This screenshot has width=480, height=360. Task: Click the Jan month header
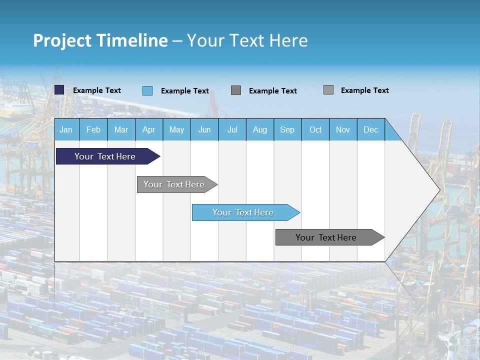pos(66,129)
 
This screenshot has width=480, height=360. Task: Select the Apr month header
pos(149,129)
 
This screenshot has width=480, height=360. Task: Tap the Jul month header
pos(232,129)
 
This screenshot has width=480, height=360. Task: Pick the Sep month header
pos(287,129)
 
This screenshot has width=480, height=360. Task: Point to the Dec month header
pos(370,129)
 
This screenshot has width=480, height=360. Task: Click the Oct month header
pos(315,129)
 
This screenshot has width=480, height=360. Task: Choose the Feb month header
pos(93,129)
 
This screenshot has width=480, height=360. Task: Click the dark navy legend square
pos(59,90)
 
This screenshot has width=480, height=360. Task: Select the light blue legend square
pos(147,90)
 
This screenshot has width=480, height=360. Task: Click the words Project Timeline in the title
pos(100,40)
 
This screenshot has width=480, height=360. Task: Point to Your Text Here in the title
pos(247,40)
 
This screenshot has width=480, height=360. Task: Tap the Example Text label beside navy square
pos(97,90)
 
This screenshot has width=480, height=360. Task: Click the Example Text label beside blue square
pos(185,91)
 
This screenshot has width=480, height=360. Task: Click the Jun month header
pos(204,129)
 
